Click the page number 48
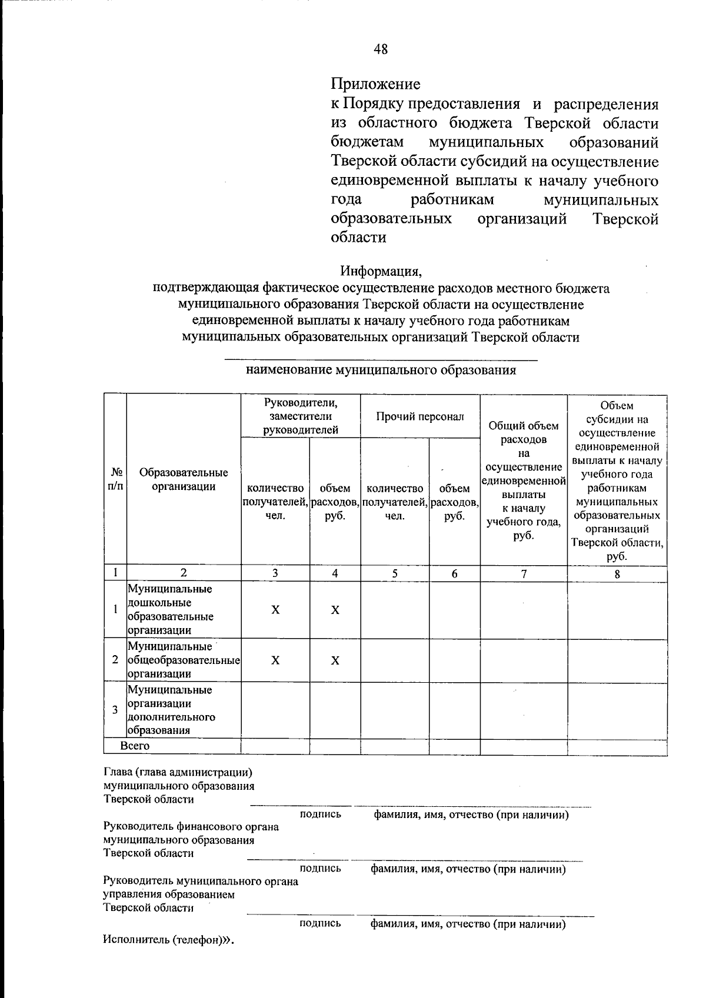coord(381,49)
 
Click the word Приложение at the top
coord(375,84)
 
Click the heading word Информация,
coord(381,272)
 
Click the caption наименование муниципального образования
coord(381,370)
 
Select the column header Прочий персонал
coord(420,416)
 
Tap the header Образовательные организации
coord(184,479)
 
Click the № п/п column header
coord(116,479)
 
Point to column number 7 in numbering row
coord(524,574)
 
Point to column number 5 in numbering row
coord(395,574)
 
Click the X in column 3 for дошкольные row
coord(275,610)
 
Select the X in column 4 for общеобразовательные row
coord(335,660)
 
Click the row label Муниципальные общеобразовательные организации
coord(184,660)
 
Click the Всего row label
coord(135,746)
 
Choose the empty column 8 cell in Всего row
coord(617,747)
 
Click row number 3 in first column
coord(115,710)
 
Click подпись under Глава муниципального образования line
coord(320,815)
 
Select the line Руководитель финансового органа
coord(191,827)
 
